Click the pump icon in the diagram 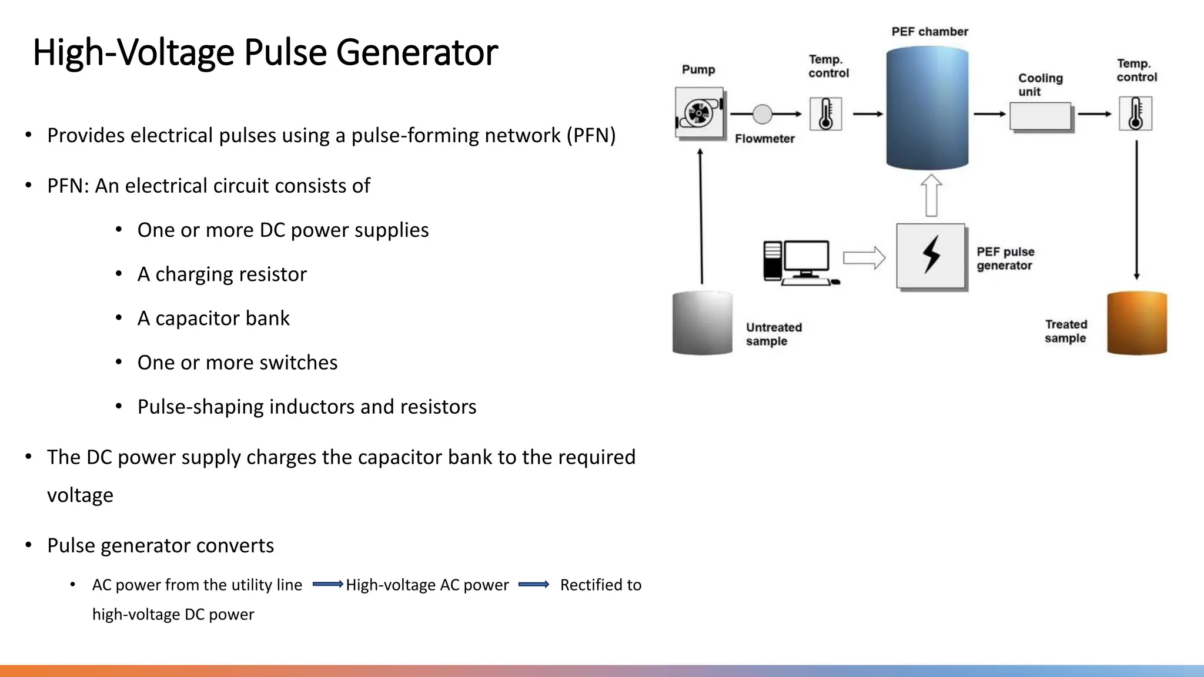[699, 113]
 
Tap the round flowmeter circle [762, 114]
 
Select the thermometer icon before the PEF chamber [825, 114]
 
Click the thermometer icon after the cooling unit [1135, 114]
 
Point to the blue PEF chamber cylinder [927, 109]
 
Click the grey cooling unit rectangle [1040, 116]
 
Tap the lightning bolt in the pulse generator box [931, 255]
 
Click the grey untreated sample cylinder [702, 323]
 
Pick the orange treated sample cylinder [1136, 323]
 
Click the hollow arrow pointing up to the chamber [931, 196]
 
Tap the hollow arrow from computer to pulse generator [864, 258]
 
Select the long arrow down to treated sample [1136, 209]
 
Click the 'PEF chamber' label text [929, 32]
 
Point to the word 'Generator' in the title [417, 52]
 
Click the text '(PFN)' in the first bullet [591, 136]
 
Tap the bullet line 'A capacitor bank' [213, 319]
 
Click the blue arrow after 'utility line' [327, 584]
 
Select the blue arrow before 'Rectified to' [534, 584]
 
